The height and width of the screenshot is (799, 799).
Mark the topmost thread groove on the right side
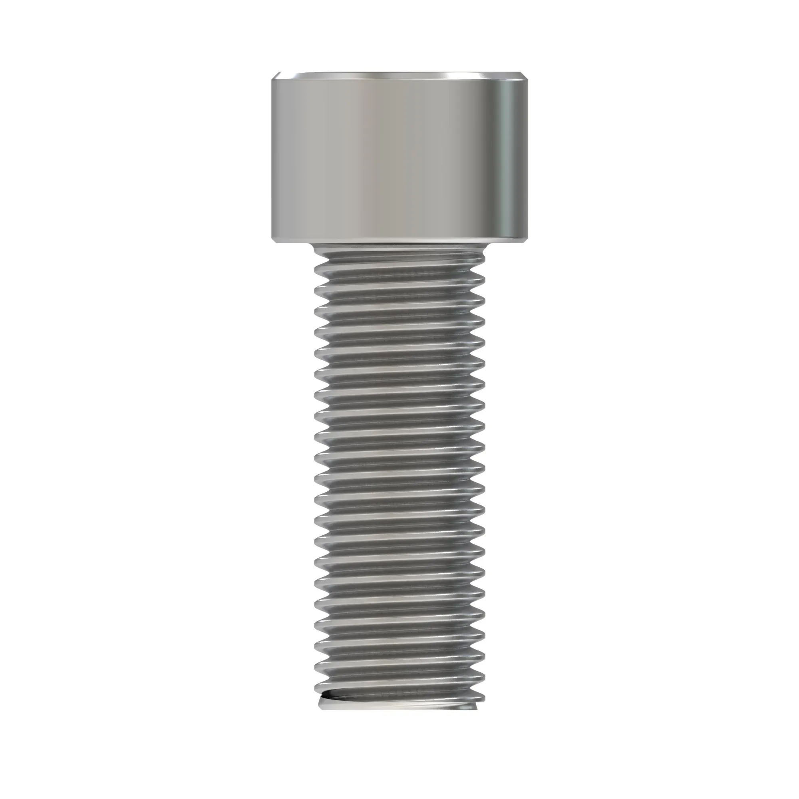tap(478, 269)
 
